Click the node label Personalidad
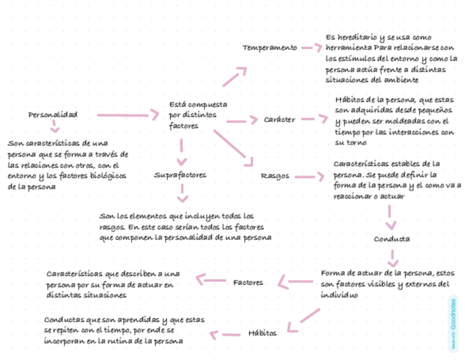53,115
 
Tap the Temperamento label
270,48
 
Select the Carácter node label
279,120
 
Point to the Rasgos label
275,176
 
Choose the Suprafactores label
180,175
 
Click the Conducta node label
392,239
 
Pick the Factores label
248,283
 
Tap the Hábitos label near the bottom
262,333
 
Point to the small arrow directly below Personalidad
54,127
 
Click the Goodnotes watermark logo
453,322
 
